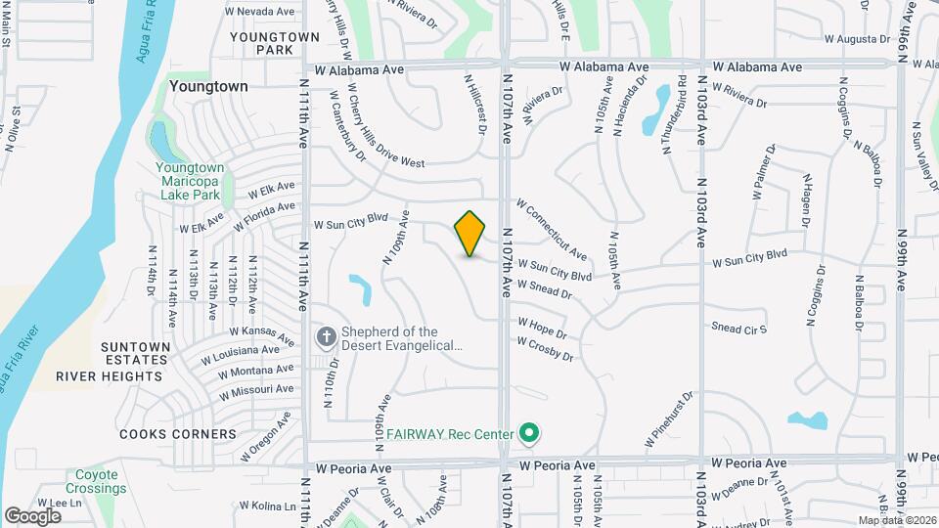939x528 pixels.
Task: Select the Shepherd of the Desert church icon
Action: pyautogui.click(x=326, y=337)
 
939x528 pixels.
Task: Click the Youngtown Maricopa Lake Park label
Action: pyautogui.click(x=190, y=181)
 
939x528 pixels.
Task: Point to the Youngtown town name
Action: pyautogui.click(x=208, y=86)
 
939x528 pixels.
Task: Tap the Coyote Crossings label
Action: pyautogui.click(x=98, y=481)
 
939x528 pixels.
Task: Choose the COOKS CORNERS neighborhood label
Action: pyautogui.click(x=177, y=433)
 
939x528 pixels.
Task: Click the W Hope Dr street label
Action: pyautogui.click(x=542, y=327)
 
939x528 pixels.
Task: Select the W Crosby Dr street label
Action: pyautogui.click(x=545, y=348)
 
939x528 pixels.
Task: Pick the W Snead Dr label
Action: pyautogui.click(x=544, y=287)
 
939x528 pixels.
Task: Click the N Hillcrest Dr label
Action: pyautogui.click(x=475, y=104)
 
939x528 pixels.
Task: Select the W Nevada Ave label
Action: pyautogui.click(x=259, y=12)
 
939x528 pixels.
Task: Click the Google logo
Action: pyautogui.click(x=32, y=515)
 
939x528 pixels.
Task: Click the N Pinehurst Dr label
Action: pyautogui.click(x=670, y=421)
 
